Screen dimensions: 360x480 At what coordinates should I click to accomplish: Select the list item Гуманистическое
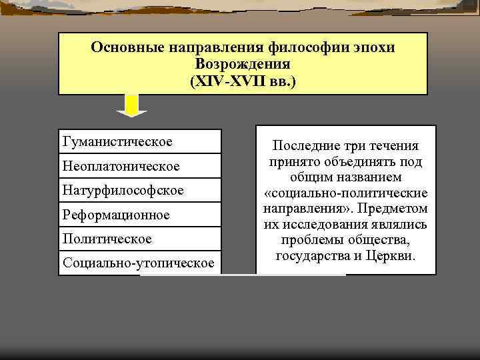pos(117,141)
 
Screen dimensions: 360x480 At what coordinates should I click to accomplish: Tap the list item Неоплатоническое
pos(121,165)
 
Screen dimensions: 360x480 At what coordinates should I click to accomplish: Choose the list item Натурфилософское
pos(123,190)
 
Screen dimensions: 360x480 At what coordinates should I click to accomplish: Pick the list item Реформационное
pos(116,215)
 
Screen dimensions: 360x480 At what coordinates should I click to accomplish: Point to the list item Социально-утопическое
pos(139,263)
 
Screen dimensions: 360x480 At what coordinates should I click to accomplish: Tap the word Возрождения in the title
pos(242,65)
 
